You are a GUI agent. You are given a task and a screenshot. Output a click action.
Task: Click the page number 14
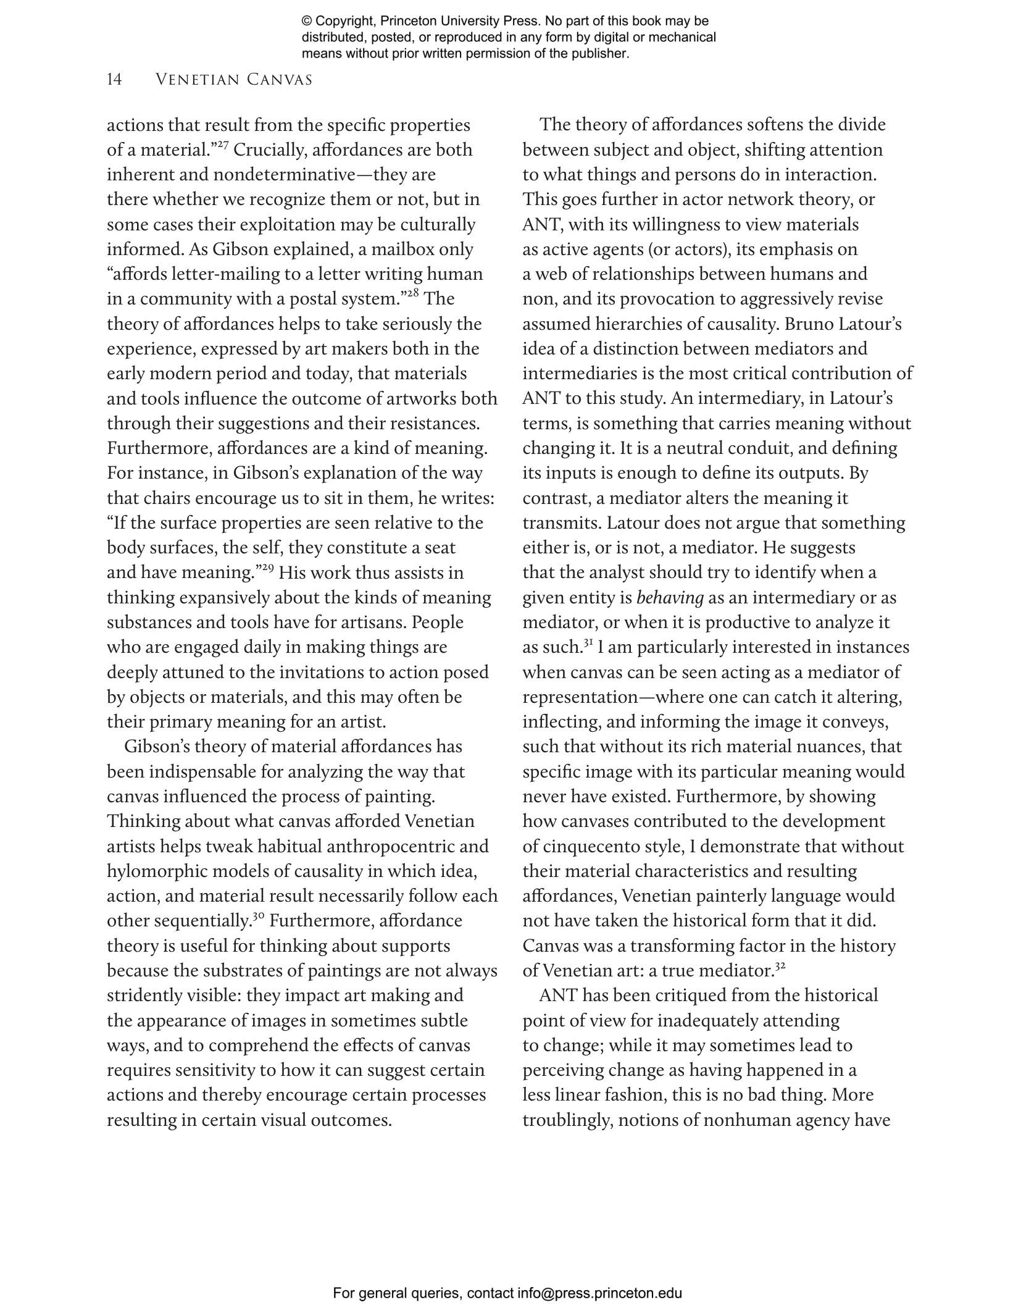(114, 80)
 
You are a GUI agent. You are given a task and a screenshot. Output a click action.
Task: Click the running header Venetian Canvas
(234, 80)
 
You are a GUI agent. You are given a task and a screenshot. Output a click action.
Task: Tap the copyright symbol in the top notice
(307, 22)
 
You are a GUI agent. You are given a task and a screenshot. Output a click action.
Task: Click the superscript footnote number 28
(413, 295)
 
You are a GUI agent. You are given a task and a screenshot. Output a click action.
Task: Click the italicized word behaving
(670, 598)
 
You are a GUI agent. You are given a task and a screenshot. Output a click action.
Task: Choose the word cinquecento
(580, 847)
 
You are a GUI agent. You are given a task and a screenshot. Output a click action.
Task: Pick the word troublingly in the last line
(567, 1120)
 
